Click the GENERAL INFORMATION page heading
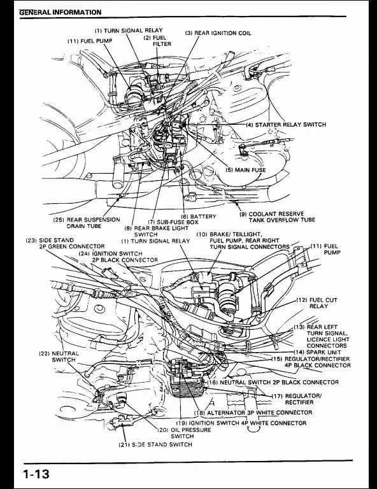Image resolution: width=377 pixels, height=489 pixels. coord(60,12)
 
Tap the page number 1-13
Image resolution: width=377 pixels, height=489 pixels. coord(36,474)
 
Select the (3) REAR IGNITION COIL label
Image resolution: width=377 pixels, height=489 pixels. coord(218,33)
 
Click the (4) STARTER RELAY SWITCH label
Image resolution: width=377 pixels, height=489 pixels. coord(286,125)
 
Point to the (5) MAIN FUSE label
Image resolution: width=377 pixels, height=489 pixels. coord(246,170)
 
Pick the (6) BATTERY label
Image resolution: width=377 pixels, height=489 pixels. coord(198,216)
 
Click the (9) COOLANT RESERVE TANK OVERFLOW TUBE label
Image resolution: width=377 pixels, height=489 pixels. coord(277,217)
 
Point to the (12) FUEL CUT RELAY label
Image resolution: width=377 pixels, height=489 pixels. coord(317,303)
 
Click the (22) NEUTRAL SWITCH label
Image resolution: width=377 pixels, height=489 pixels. coord(59,357)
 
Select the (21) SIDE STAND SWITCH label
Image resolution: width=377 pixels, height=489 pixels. coord(155,444)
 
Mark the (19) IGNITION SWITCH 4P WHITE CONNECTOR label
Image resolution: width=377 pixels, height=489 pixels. coord(241,423)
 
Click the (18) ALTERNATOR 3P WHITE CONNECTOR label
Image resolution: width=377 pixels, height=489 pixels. coord(253,413)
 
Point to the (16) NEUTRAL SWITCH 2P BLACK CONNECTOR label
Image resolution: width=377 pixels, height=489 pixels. coord(273,382)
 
